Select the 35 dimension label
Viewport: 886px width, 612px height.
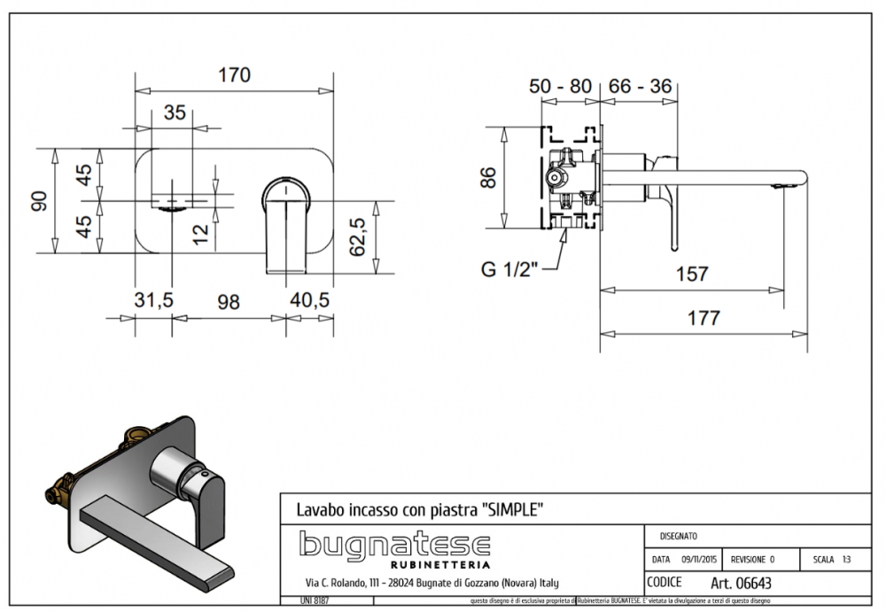coord(175,112)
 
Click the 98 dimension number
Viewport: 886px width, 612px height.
coord(229,302)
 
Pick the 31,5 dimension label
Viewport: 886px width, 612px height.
coord(153,302)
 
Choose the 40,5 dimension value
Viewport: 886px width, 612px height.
coord(310,302)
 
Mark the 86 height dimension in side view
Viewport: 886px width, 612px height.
coord(487,177)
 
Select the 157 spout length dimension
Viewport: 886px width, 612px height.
coord(691,274)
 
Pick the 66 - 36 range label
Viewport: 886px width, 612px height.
coord(641,87)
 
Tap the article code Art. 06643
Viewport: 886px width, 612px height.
coord(740,583)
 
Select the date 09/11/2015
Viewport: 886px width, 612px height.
coord(699,560)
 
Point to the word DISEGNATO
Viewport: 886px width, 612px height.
coord(679,536)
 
